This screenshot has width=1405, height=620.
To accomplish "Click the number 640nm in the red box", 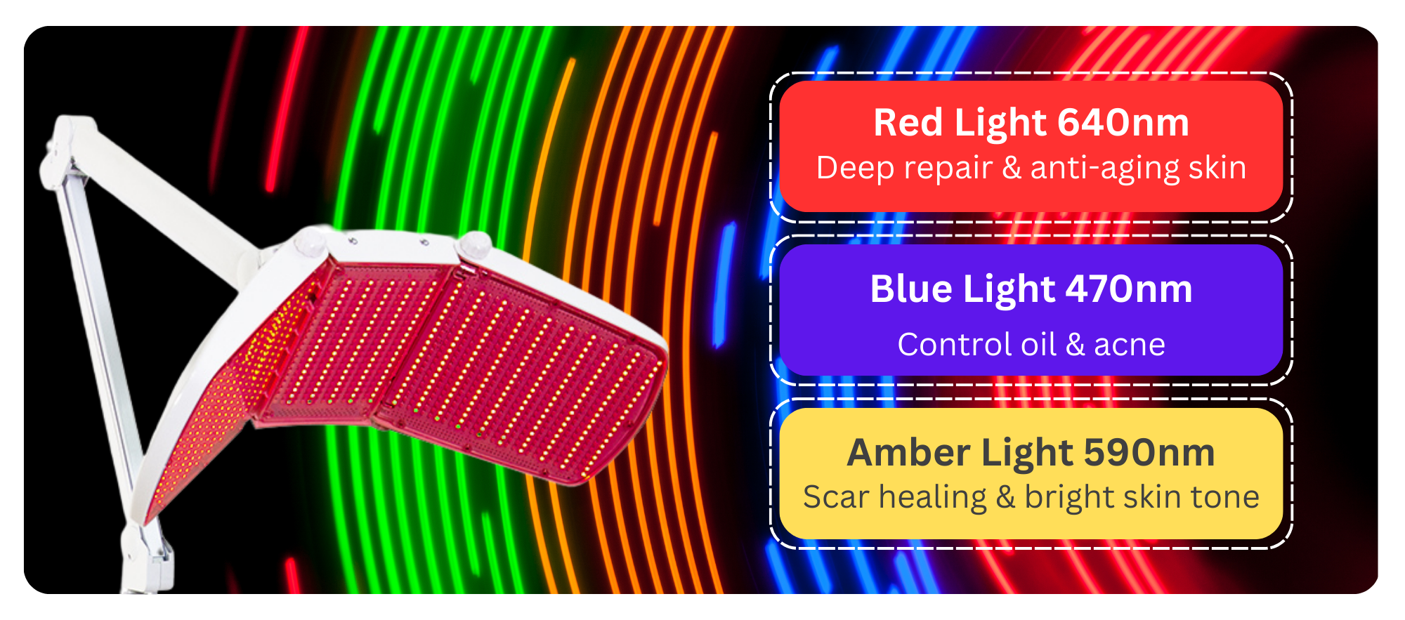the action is pyautogui.click(x=1123, y=123).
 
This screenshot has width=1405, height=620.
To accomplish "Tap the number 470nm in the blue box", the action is pyautogui.click(x=1129, y=289).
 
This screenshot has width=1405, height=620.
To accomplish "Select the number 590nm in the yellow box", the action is pyautogui.click(x=1149, y=453).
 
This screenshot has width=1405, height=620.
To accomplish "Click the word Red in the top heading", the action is pyautogui.click(x=908, y=123).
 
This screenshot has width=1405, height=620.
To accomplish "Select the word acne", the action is pyautogui.click(x=1130, y=345).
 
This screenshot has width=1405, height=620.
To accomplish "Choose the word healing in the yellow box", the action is pyautogui.click(x=933, y=498).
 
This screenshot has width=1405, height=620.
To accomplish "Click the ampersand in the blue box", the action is pyautogui.click(x=1075, y=345).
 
